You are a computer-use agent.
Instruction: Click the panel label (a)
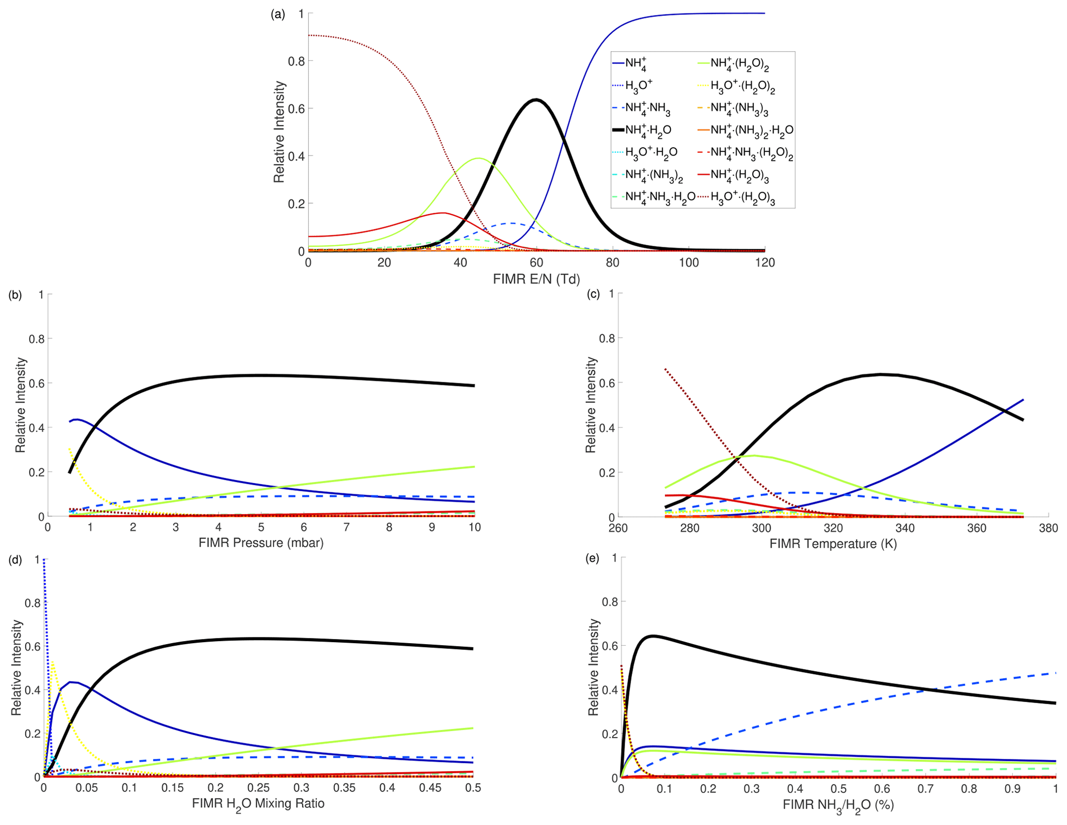(278, 14)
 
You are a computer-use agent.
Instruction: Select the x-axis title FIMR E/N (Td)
(536, 279)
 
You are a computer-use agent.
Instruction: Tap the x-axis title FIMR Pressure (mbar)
(261, 543)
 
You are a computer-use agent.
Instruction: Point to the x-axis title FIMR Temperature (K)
(833, 544)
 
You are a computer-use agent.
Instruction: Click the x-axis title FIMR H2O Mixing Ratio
(258, 804)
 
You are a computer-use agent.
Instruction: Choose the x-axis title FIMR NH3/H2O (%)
(838, 805)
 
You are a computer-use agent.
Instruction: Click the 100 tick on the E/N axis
(689, 263)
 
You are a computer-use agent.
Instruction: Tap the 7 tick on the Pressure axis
(346, 527)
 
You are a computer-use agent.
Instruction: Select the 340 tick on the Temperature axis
(905, 528)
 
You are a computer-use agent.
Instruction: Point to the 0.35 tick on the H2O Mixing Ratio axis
(344, 788)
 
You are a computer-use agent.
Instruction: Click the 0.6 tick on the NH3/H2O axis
(882, 789)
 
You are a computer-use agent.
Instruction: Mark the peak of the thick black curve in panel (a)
(536, 99)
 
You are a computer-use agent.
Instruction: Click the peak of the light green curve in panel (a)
(479, 158)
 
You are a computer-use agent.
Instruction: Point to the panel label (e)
(592, 558)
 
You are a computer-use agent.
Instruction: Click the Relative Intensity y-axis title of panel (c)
(591, 405)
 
